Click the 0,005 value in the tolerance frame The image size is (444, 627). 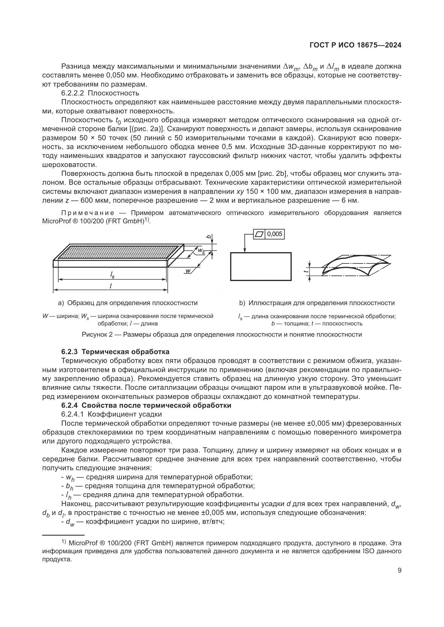click(275, 234)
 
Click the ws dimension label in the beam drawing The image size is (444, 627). click(201, 250)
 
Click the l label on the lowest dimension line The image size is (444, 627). click(110, 286)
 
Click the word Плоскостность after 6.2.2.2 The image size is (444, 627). click(113, 93)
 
